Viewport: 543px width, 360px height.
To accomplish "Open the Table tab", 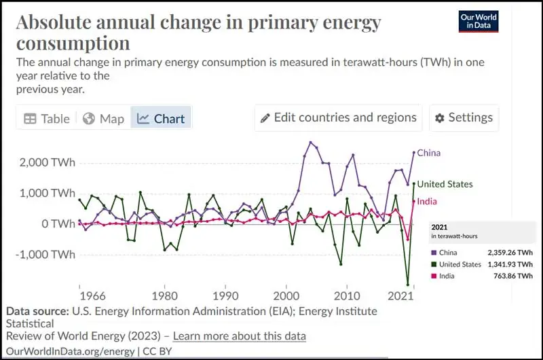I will pos(47,118).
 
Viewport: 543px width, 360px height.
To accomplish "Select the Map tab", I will pos(104,118).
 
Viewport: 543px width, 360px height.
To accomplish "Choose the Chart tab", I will pos(161,118).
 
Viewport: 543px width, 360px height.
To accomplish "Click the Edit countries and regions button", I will pos(338,118).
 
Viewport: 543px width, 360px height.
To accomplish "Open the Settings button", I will pos(464,118).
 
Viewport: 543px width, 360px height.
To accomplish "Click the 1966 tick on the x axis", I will pos(92,296).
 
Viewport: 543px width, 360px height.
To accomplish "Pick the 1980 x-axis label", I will pos(163,296).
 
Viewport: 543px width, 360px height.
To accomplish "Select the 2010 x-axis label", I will pos(347,296).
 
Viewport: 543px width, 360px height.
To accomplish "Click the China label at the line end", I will pos(428,153).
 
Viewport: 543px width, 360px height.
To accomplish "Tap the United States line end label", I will pos(445,184).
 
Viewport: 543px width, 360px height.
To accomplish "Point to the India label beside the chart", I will pos(427,201).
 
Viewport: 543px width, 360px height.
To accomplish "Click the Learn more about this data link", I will pos(239,336).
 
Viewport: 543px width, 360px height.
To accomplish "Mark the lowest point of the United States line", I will pos(408,285).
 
